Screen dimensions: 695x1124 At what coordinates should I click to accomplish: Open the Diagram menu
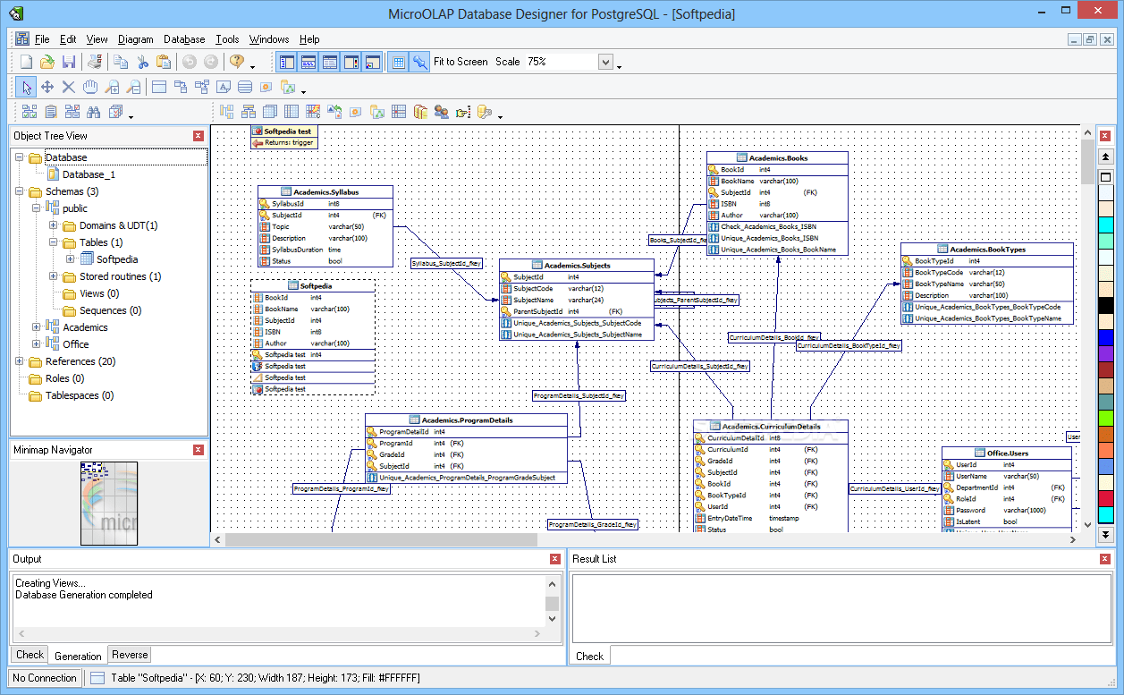click(135, 39)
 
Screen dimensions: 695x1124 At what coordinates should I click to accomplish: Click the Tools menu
click(227, 39)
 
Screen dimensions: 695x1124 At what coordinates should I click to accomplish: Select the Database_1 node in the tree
click(89, 174)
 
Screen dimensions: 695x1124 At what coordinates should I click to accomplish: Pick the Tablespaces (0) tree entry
click(80, 395)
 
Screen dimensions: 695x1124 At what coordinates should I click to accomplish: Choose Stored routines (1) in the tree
click(120, 276)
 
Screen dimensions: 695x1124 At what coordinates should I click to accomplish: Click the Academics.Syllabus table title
click(325, 192)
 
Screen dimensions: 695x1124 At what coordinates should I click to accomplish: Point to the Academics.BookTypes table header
click(987, 250)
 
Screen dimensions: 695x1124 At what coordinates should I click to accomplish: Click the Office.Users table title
click(1007, 453)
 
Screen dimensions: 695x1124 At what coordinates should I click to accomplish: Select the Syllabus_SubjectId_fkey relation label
click(447, 263)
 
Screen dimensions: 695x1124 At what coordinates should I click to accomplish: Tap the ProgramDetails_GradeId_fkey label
click(593, 524)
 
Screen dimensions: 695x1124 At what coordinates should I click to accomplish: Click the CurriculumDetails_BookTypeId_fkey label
click(849, 345)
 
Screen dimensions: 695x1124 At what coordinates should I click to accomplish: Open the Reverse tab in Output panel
click(130, 655)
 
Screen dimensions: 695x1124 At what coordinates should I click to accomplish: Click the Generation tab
click(78, 656)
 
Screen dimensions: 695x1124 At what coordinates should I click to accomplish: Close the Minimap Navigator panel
click(199, 450)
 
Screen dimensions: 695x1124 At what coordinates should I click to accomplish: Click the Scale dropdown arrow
click(605, 62)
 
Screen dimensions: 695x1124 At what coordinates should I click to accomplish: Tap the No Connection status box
click(45, 678)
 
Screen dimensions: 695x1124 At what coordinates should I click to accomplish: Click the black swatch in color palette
click(1106, 305)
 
